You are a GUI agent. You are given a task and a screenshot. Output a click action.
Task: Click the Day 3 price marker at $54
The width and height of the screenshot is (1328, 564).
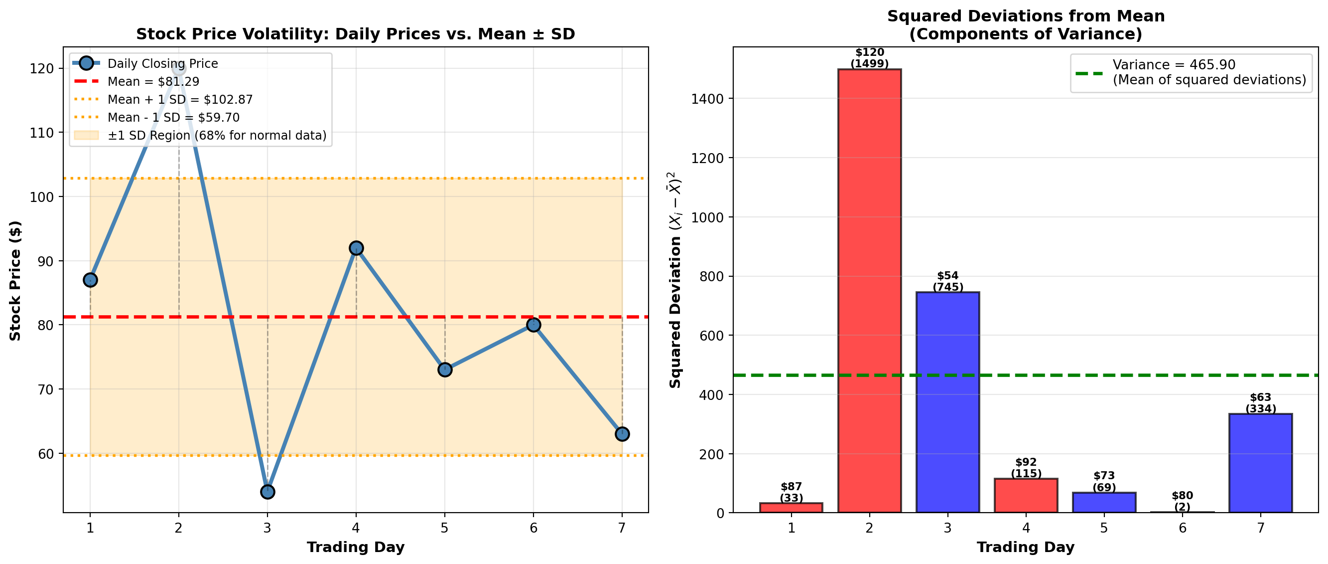pos(267,492)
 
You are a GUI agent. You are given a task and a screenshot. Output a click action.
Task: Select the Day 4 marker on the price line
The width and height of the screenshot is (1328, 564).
pos(356,248)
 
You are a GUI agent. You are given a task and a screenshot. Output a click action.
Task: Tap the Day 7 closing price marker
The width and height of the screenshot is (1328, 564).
pos(622,434)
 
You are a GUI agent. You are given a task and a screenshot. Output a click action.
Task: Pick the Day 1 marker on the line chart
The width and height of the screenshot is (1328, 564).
pos(90,280)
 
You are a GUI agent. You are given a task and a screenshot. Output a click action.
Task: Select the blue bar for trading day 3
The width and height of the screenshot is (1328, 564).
pos(947,402)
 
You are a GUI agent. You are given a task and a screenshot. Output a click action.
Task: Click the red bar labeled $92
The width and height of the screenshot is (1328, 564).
pos(1026,495)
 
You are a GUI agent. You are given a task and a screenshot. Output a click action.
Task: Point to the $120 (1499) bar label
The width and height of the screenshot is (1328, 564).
pos(869,58)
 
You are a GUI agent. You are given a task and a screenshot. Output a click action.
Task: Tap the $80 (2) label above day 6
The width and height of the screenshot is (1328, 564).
pos(1182,501)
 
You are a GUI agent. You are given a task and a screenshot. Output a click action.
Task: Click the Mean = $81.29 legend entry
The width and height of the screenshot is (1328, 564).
pos(153,81)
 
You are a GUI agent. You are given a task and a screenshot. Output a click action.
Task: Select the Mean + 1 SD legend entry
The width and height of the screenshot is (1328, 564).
pos(180,100)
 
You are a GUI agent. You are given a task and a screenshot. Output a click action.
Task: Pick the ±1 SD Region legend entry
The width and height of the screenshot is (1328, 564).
pos(217,135)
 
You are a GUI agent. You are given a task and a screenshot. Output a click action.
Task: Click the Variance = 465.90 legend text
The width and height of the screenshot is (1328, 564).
pos(1174,65)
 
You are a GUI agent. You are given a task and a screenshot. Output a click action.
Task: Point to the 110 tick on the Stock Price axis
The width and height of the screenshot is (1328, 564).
pos(41,133)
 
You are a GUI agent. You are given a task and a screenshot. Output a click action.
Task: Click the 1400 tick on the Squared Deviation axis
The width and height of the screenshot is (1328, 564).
pos(707,99)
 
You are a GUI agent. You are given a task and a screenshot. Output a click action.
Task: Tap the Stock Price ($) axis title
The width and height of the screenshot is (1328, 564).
pos(15,281)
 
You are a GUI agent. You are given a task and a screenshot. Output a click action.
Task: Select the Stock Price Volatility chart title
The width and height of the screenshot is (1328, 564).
pos(355,34)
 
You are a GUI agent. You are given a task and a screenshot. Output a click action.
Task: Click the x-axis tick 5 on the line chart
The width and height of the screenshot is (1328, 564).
pos(444,528)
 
